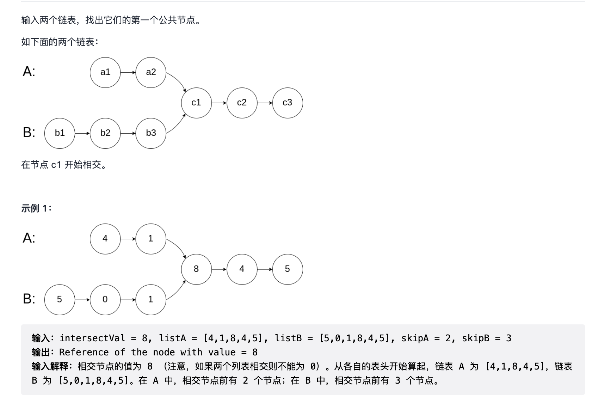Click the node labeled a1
pyautogui.click(x=105, y=72)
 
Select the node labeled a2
pyautogui.click(x=151, y=72)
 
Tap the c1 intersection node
pyautogui.click(x=196, y=103)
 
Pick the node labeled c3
pyautogui.click(x=288, y=103)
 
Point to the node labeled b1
pyautogui.click(x=60, y=133)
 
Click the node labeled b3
pyautogui.click(x=151, y=133)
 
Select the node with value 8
pyautogui.click(x=196, y=269)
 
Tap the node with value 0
pyautogui.click(x=105, y=300)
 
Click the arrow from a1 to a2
pyautogui.click(x=128, y=72)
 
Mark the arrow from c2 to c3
pyautogui.click(x=265, y=103)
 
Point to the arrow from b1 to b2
pyautogui.click(x=82, y=133)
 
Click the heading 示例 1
pyautogui.click(x=36, y=208)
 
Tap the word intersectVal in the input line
pyautogui.click(x=92, y=338)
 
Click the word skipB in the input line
pyautogui.click(x=476, y=338)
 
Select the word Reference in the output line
pyautogui.click(x=84, y=352)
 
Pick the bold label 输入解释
pyautogui.click(x=50, y=366)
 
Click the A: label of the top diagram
pyautogui.click(x=29, y=72)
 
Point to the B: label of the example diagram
pyautogui.click(x=29, y=299)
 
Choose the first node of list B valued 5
pyautogui.click(x=60, y=300)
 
